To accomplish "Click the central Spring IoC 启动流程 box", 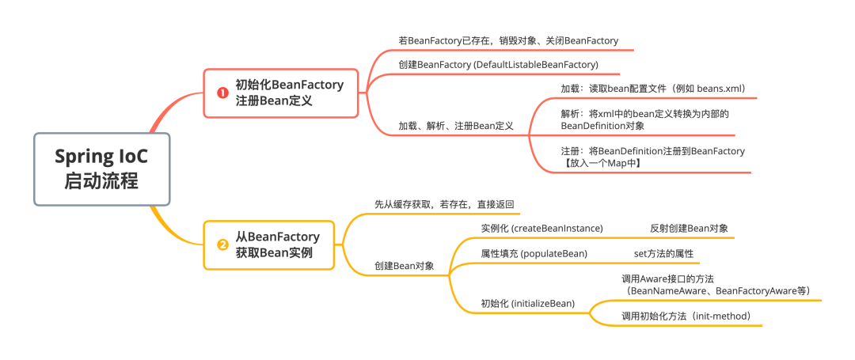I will tap(101, 169).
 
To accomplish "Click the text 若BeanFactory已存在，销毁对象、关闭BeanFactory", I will tap(508, 40).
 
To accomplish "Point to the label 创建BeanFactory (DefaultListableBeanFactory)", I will tap(498, 64).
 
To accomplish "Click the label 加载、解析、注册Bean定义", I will tap(456, 126).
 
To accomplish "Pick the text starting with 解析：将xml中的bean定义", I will tap(644, 114).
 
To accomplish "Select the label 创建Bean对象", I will tap(405, 266).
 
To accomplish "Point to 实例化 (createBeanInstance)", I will tap(541, 228).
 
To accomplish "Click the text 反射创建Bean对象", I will tap(689, 228).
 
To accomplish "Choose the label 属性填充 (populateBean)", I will tap(534, 253).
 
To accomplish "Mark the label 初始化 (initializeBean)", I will tap(528, 303).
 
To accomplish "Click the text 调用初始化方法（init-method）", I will tap(691, 316).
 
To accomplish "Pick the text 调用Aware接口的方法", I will tap(668, 279).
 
